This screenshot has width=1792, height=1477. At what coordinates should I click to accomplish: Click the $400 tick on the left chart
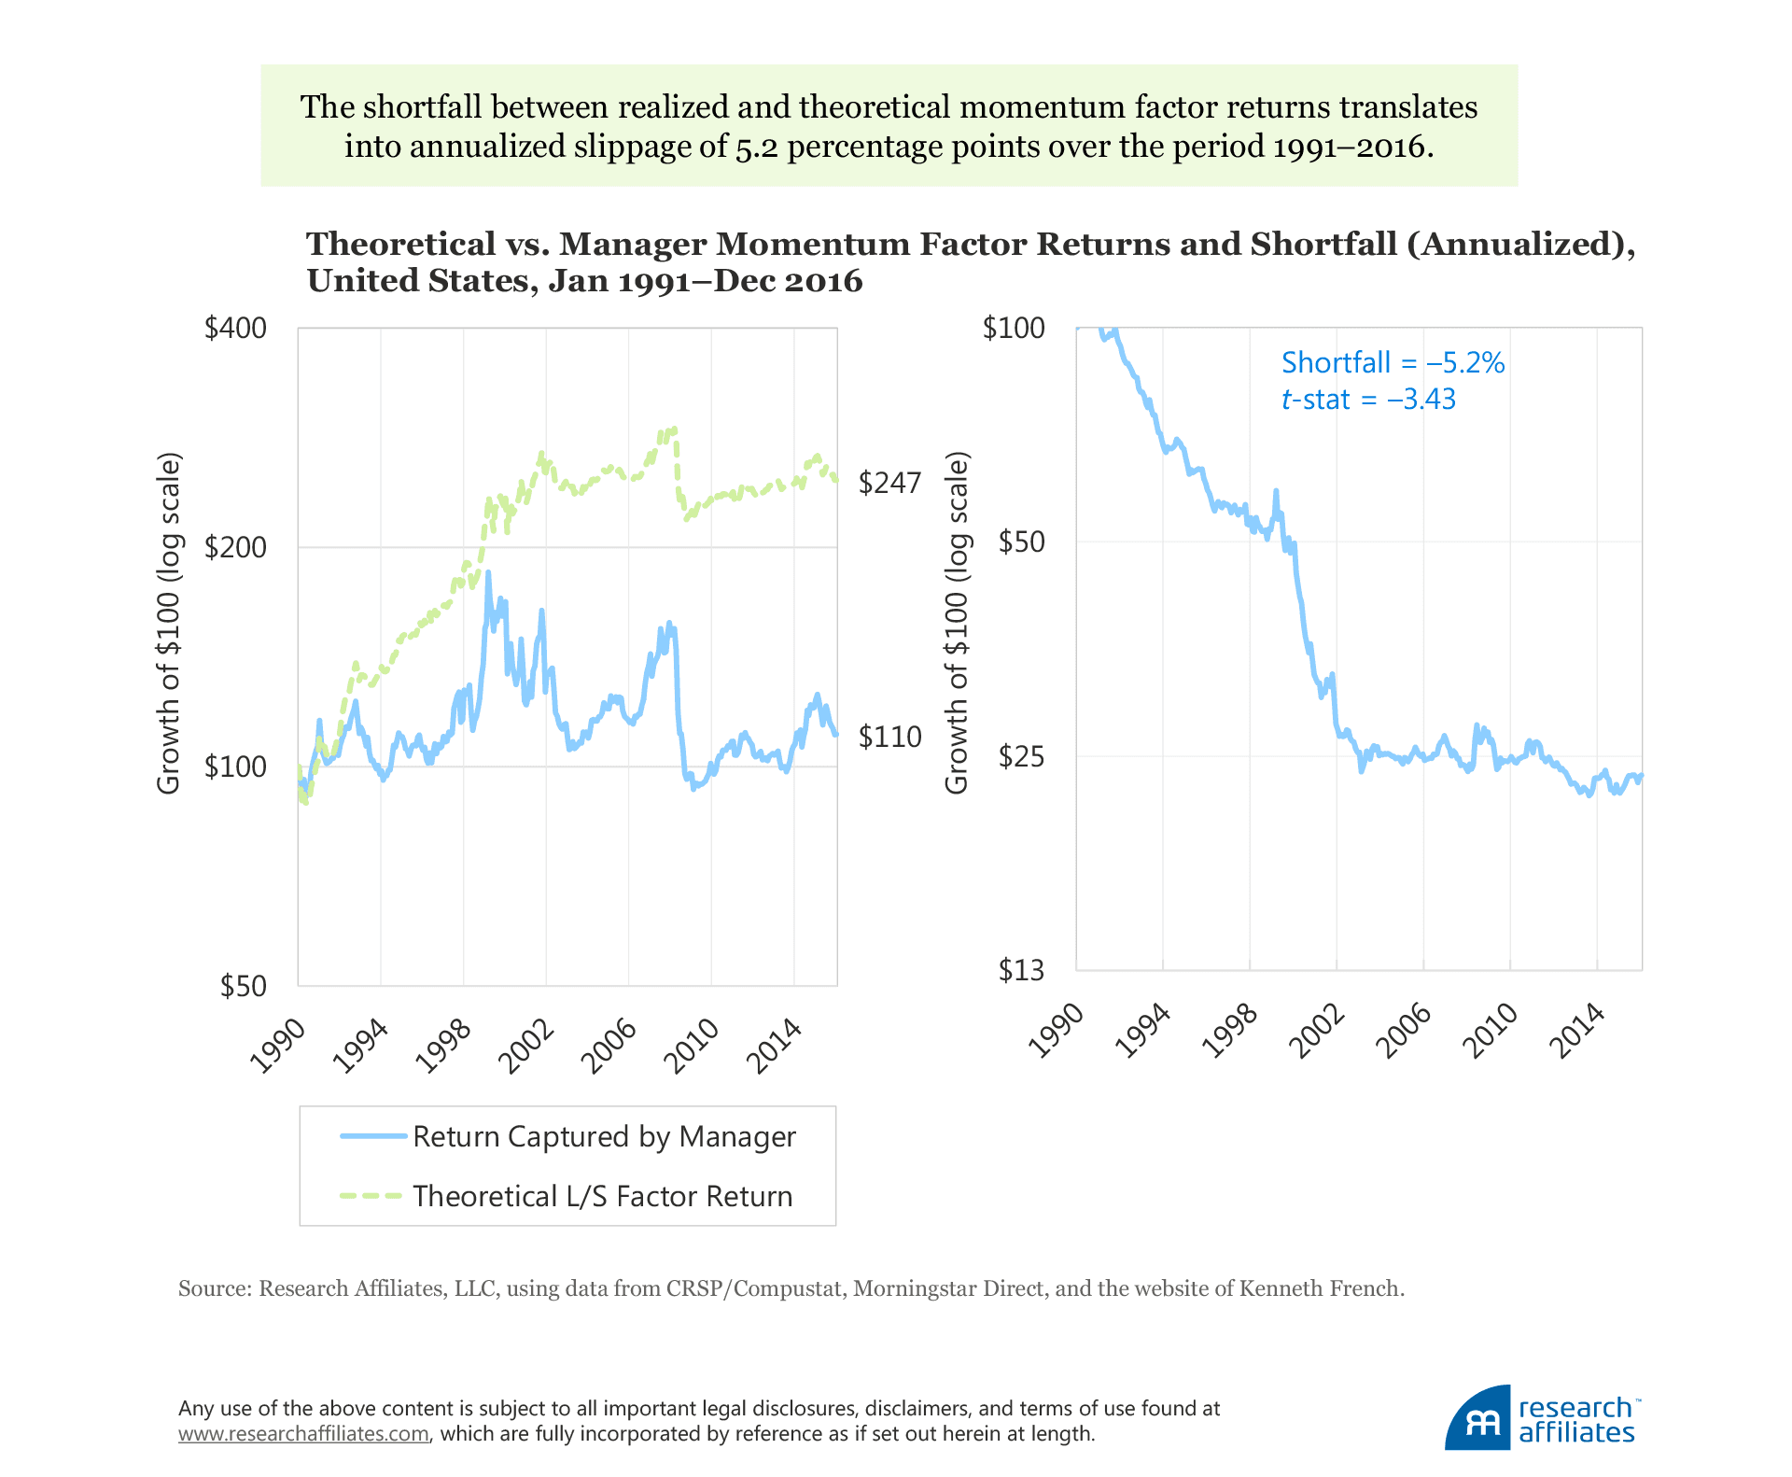[x=235, y=329]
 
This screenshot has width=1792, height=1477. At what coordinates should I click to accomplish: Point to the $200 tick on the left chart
[x=235, y=547]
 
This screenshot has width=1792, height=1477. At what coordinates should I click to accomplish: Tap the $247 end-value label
[x=889, y=483]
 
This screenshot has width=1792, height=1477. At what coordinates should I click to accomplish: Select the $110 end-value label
[x=889, y=738]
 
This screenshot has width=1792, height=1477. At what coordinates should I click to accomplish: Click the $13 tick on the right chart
[x=1021, y=971]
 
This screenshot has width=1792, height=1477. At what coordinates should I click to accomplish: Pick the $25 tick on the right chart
[x=1021, y=756]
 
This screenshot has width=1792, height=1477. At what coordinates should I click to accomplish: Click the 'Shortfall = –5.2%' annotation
[x=1393, y=362]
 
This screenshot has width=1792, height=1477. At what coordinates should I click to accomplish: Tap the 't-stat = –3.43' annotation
[x=1368, y=400]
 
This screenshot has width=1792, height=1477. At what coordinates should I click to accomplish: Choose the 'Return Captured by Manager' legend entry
[x=604, y=1136]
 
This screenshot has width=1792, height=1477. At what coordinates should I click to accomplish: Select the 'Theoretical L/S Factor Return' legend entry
[x=602, y=1196]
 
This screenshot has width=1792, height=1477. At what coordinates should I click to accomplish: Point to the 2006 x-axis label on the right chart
[x=1408, y=1031]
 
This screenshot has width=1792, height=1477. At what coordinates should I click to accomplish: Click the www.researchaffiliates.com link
[x=303, y=1433]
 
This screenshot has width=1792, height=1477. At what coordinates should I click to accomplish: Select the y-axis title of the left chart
[x=168, y=624]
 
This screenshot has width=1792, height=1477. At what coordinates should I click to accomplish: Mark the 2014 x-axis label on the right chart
[x=1581, y=1031]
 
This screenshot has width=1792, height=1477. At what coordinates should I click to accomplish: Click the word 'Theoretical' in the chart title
[x=401, y=244]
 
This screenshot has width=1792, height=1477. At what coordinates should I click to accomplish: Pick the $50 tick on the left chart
[x=243, y=986]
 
